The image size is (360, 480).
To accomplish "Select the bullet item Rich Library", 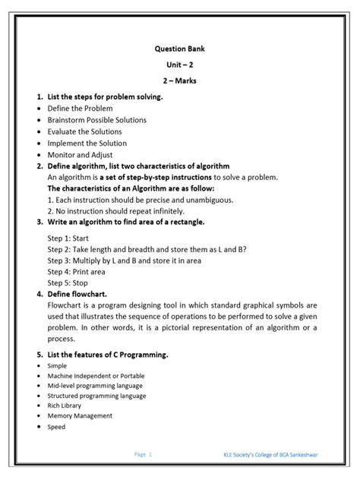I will point(68,406).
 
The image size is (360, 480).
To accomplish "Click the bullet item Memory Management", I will point(80,415).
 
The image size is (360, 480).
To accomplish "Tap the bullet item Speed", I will point(56,427).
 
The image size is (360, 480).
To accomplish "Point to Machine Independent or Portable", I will point(95,375).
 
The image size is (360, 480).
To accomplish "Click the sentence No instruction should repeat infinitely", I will point(126,210).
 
